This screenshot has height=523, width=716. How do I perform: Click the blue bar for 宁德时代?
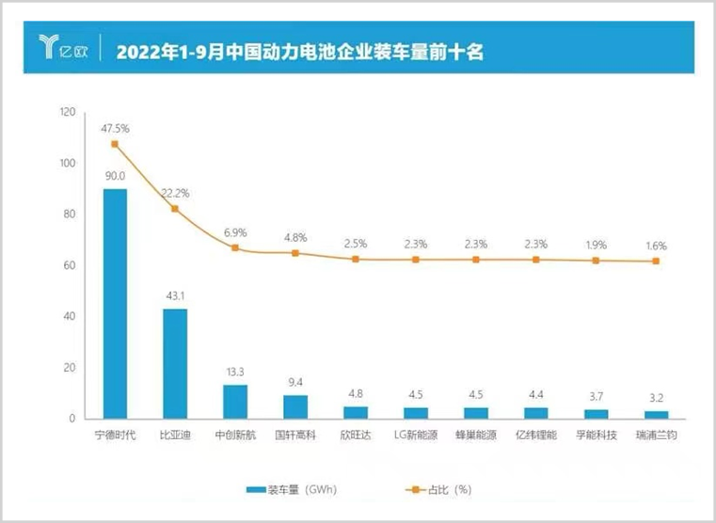click(115, 303)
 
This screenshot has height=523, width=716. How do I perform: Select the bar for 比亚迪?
click(175, 363)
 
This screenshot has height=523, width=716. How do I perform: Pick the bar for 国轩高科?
click(295, 406)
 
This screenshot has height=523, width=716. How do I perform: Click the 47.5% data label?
click(114, 126)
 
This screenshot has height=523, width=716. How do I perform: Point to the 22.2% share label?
click(175, 193)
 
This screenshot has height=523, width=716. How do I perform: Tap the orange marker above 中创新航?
click(235, 248)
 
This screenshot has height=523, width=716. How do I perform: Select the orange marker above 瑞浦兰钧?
click(657, 261)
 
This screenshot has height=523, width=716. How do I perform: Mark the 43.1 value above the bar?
click(175, 295)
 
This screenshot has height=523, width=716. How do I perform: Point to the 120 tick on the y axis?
click(67, 113)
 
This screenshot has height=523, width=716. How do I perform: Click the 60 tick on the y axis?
click(70, 265)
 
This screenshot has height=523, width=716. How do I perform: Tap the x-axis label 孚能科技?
click(597, 436)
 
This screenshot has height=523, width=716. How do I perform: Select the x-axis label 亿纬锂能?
click(536, 436)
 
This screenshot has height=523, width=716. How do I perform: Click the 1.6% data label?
click(656, 246)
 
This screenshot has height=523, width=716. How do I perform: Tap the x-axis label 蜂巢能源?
click(476, 436)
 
